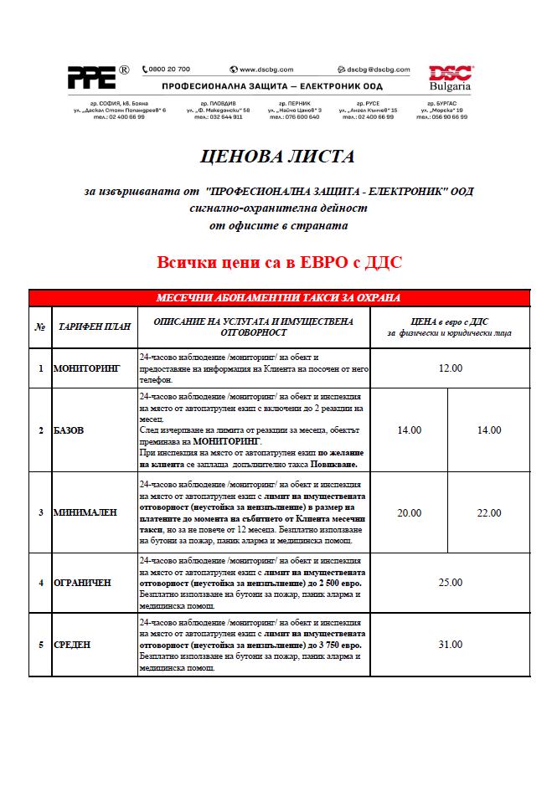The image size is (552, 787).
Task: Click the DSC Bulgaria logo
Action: (450, 78)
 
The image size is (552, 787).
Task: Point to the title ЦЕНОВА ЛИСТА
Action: (277, 157)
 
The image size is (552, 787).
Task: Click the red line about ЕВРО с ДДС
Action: (279, 263)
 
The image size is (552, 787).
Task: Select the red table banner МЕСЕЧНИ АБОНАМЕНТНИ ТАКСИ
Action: (279, 298)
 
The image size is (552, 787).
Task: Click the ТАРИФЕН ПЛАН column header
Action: (94, 327)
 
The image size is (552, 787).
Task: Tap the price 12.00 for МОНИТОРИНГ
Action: (450, 368)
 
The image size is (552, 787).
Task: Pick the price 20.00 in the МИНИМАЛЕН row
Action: (409, 512)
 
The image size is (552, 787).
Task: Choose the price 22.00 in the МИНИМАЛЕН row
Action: (488, 512)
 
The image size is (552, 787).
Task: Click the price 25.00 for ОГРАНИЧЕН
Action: (450, 582)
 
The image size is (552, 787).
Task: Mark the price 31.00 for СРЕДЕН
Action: (450, 644)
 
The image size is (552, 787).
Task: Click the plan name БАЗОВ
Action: (69, 430)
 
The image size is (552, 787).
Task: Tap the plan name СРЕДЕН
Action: (72, 645)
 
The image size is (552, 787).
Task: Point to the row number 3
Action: (40, 512)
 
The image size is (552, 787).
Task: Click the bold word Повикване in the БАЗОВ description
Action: (333, 463)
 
